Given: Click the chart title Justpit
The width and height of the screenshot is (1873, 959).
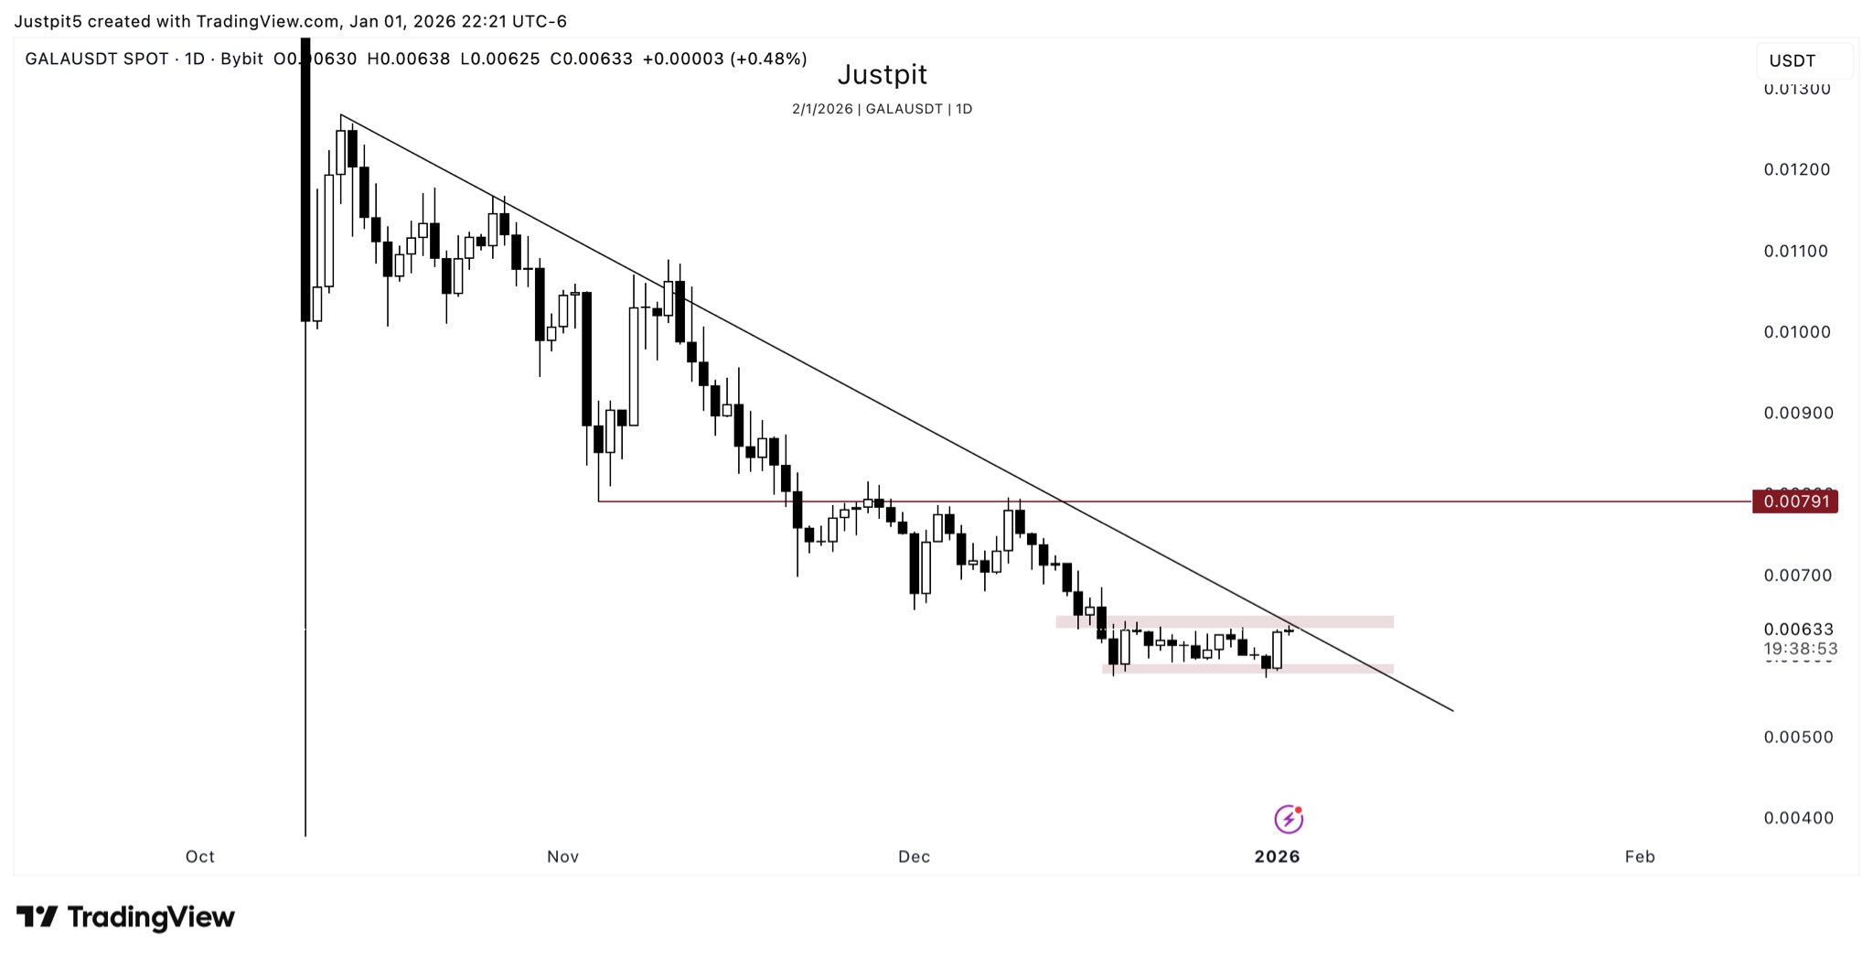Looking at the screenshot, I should pos(882,74).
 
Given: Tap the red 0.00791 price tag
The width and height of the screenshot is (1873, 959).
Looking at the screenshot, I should pos(1795,501).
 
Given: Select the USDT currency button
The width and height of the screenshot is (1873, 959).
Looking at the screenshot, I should pos(1793,61).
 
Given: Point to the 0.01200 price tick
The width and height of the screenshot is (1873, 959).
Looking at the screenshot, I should pos(1797,169).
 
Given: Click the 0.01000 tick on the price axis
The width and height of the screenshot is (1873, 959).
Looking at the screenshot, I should pos(1797,332).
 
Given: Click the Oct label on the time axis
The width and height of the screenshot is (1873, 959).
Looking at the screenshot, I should pos(200,857).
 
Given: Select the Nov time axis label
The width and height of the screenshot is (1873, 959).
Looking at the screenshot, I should pos(562,857).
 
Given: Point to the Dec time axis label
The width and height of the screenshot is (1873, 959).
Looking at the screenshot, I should pos(914,857).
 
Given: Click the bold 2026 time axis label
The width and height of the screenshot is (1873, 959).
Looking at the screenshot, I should pos(1277,857).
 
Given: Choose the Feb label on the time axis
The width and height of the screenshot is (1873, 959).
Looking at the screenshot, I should pos(1640,857).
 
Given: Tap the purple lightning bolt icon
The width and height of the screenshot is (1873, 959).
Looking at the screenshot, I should pos(1289,819).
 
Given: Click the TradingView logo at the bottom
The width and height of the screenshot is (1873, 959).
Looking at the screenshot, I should pos(126,917).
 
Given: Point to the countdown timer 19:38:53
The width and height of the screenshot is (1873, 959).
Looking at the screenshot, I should pos(1800,649).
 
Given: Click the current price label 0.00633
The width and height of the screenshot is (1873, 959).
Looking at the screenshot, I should pos(1798,630).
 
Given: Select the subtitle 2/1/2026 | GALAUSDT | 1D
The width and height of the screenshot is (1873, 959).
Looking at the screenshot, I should pos(882,109).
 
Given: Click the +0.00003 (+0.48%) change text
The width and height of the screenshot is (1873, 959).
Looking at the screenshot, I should pos(724,59).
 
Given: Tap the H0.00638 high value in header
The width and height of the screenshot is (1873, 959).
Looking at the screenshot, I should pos(408,59).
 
